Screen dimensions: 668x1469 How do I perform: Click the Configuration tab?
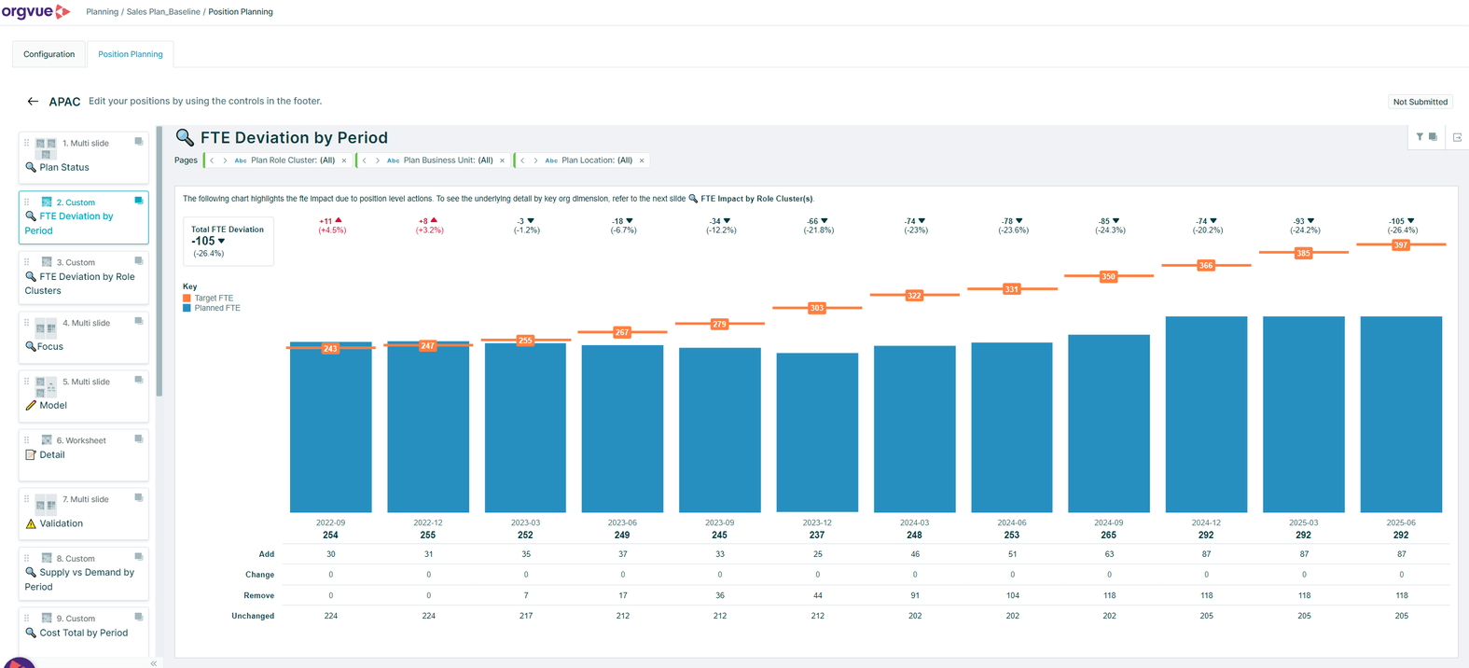click(x=49, y=54)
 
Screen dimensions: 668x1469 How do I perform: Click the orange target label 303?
click(x=817, y=308)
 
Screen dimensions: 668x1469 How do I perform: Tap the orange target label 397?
click(x=1400, y=245)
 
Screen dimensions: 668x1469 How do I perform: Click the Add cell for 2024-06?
click(x=1012, y=554)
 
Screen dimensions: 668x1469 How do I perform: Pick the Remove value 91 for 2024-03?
click(x=915, y=595)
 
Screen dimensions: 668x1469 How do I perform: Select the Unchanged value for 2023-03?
click(x=526, y=616)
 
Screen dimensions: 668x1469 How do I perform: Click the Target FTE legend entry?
click(x=214, y=299)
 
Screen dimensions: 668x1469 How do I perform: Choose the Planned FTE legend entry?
click(x=216, y=308)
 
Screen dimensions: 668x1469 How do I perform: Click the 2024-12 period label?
click(x=1206, y=523)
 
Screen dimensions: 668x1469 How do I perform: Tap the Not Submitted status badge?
click(x=1420, y=102)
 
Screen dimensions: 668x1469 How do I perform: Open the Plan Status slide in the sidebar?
click(x=64, y=168)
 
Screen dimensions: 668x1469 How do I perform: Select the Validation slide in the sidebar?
click(x=61, y=524)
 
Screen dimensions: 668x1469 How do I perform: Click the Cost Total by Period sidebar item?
click(x=83, y=633)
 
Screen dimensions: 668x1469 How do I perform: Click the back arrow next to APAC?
click(x=33, y=102)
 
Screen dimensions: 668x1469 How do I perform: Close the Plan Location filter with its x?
click(x=642, y=160)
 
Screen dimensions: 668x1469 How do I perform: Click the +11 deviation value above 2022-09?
click(x=326, y=221)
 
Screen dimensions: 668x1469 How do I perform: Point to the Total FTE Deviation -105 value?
click(x=204, y=241)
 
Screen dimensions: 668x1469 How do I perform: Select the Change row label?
click(x=259, y=575)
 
